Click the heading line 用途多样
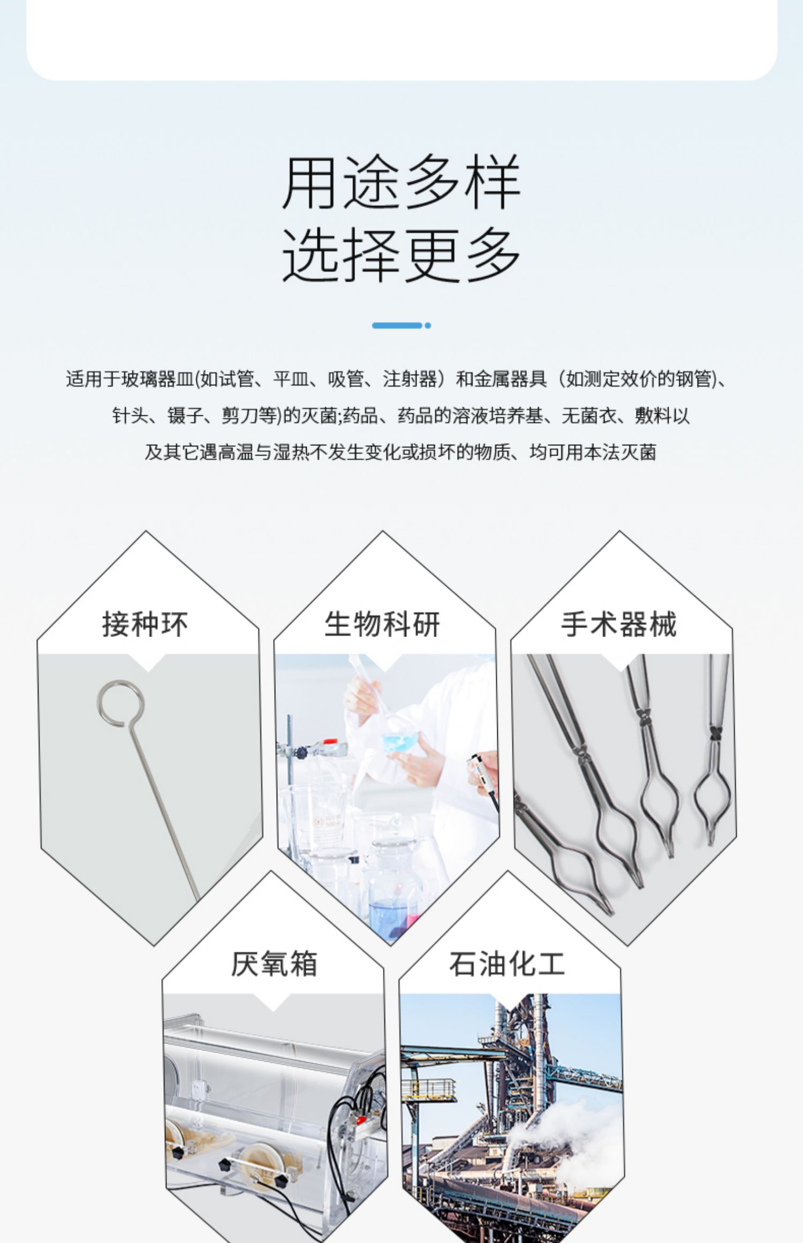pyautogui.click(x=401, y=182)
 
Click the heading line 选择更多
pyautogui.click(x=401, y=254)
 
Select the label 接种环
pyautogui.click(x=145, y=624)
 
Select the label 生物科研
pyautogui.click(x=382, y=624)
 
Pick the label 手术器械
pyautogui.click(x=619, y=624)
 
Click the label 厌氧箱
pyautogui.click(x=274, y=964)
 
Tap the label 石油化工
pyautogui.click(x=507, y=964)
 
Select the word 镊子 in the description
pyautogui.click(x=185, y=416)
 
